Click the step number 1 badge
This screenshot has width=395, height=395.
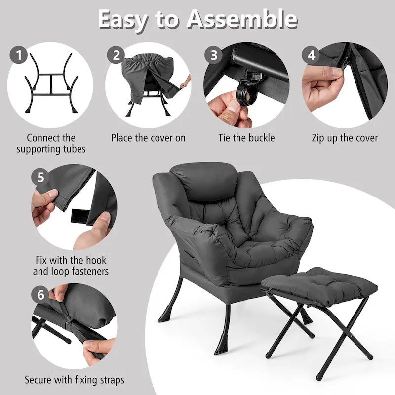click(19, 56)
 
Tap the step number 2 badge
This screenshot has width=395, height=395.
click(116, 55)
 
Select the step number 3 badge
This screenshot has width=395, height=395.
click(214, 55)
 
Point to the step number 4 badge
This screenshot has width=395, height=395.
click(311, 55)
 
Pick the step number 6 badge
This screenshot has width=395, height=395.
click(41, 295)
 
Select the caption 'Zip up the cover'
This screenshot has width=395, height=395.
click(345, 138)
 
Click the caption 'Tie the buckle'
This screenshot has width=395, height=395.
click(246, 138)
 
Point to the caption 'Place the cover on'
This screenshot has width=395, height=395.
click(148, 138)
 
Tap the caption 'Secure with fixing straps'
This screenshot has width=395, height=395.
click(75, 380)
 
